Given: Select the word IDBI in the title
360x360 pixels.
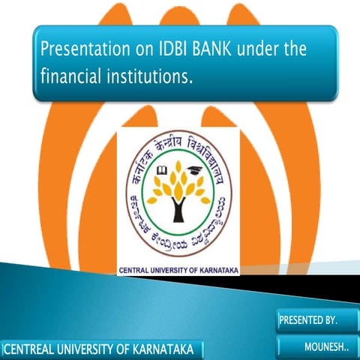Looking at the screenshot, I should pyautogui.click(x=165, y=51).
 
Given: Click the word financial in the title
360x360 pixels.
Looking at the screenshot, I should pyautogui.click(x=75, y=76).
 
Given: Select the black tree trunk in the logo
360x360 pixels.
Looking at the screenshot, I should pyautogui.click(x=178, y=209).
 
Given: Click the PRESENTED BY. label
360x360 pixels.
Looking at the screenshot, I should pyautogui.click(x=308, y=320).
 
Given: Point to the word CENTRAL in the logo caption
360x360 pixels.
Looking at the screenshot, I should pyautogui.click(x=133, y=268).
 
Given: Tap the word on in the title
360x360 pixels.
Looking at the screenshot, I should pyautogui.click(x=137, y=51).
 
